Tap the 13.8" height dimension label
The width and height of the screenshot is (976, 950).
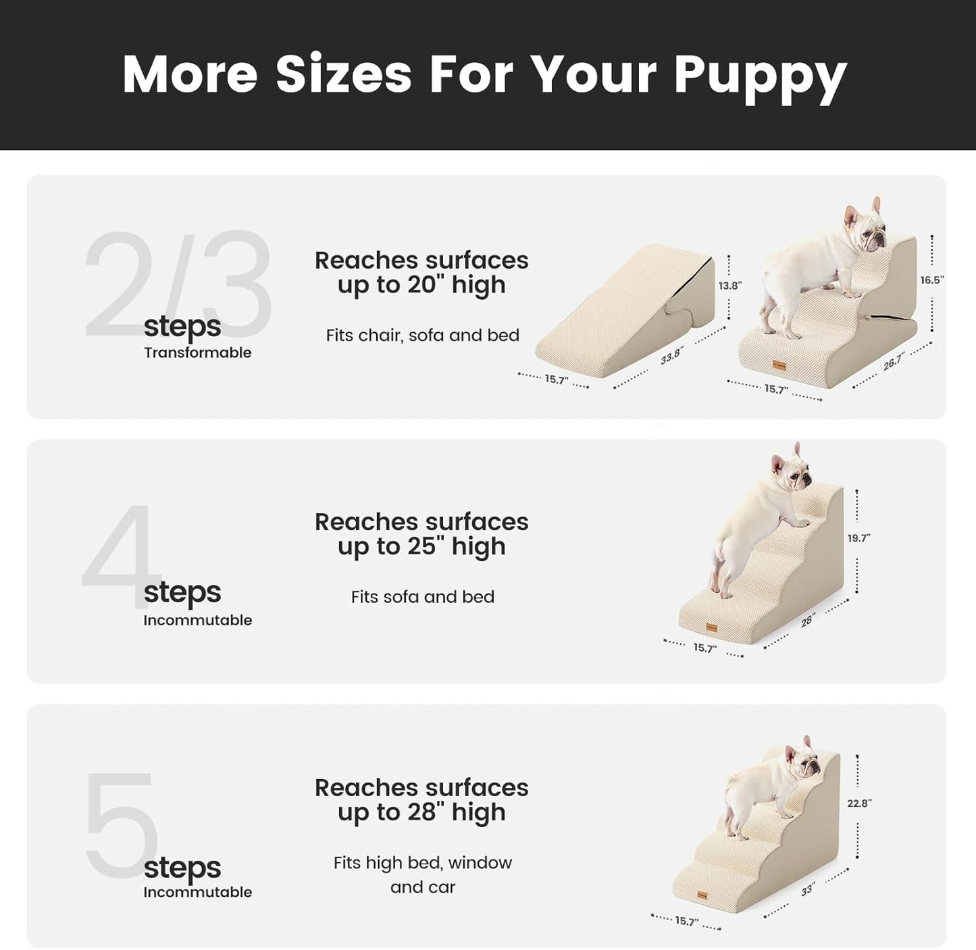729,286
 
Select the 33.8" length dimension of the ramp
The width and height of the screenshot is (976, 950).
671,355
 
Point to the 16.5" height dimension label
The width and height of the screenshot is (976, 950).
931,280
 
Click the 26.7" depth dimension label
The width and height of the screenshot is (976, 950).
893,362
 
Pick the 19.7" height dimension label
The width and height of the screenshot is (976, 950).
858,538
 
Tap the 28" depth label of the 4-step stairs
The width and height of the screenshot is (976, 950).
808,621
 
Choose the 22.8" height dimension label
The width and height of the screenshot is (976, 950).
859,803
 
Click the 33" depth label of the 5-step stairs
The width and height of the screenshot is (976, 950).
808,890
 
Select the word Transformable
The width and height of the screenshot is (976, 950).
197,352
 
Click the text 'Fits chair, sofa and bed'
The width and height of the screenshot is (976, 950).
422,336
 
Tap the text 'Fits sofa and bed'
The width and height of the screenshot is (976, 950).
422,597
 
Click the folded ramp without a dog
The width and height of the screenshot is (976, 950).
628,311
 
